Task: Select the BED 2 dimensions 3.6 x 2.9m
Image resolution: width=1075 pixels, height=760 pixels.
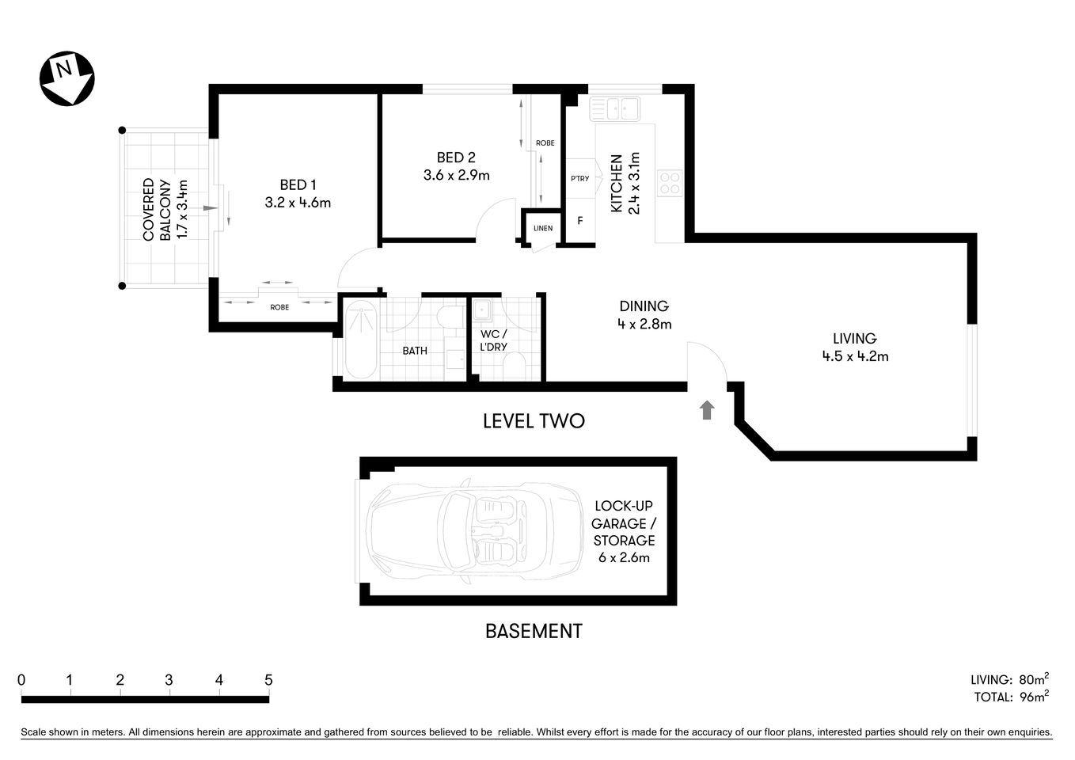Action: coord(456,175)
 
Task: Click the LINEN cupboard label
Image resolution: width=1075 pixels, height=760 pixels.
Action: coord(543,229)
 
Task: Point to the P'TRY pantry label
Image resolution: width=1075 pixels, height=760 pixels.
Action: coord(579,179)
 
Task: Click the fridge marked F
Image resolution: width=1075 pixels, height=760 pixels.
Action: coord(580,221)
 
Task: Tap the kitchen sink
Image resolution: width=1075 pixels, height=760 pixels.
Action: coord(614,108)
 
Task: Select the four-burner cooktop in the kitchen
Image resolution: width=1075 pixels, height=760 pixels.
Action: coord(670,183)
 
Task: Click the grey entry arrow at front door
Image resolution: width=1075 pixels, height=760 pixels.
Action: coord(707,409)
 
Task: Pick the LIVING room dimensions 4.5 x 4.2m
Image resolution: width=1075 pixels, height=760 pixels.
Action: coord(855,356)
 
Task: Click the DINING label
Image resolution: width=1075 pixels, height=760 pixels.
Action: coord(644,306)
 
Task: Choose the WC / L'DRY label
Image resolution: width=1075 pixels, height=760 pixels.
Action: coord(493,340)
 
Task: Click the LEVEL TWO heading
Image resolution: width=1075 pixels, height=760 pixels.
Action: coord(534,420)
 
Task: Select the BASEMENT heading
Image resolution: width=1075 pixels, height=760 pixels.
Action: coord(534,631)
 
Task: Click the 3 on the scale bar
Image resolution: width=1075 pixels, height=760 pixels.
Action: coord(169,680)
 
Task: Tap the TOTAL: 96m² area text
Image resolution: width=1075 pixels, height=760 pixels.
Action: coord(1010,697)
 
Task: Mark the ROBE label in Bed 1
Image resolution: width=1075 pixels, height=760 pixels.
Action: coord(279,307)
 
